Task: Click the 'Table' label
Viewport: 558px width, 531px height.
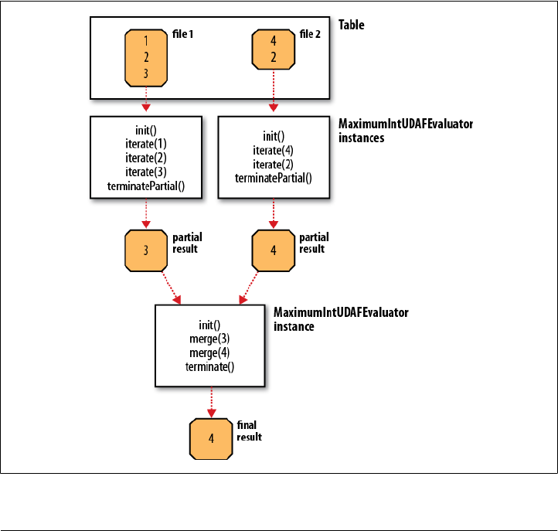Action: coord(351,25)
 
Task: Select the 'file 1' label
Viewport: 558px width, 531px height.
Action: coord(182,34)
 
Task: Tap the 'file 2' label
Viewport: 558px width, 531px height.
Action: coord(310,34)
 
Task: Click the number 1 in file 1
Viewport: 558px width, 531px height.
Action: coord(146,41)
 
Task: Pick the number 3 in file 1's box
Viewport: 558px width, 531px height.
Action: coord(146,73)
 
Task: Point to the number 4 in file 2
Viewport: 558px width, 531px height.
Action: coord(274,41)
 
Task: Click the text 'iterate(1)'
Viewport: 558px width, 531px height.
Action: coord(146,144)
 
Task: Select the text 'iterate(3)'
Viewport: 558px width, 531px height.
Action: coord(146,172)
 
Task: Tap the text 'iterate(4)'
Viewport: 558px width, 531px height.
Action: coord(274,151)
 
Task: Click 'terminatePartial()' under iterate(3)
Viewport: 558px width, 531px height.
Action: coord(146,186)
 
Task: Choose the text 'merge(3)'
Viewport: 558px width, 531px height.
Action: coord(209,339)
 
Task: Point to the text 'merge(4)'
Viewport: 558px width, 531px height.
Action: coord(209,353)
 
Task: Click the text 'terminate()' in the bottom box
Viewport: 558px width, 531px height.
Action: coord(209,367)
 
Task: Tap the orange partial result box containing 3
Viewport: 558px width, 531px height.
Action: coord(146,250)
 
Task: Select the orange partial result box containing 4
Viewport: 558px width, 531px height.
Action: coord(274,250)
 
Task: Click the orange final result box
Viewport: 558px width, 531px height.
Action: coord(211,439)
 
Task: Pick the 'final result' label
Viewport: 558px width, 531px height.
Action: coord(249,431)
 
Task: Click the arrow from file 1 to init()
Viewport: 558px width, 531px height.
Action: coord(146,99)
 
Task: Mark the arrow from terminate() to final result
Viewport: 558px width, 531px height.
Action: coord(212,402)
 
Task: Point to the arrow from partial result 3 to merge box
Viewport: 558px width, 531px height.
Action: coord(171,288)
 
